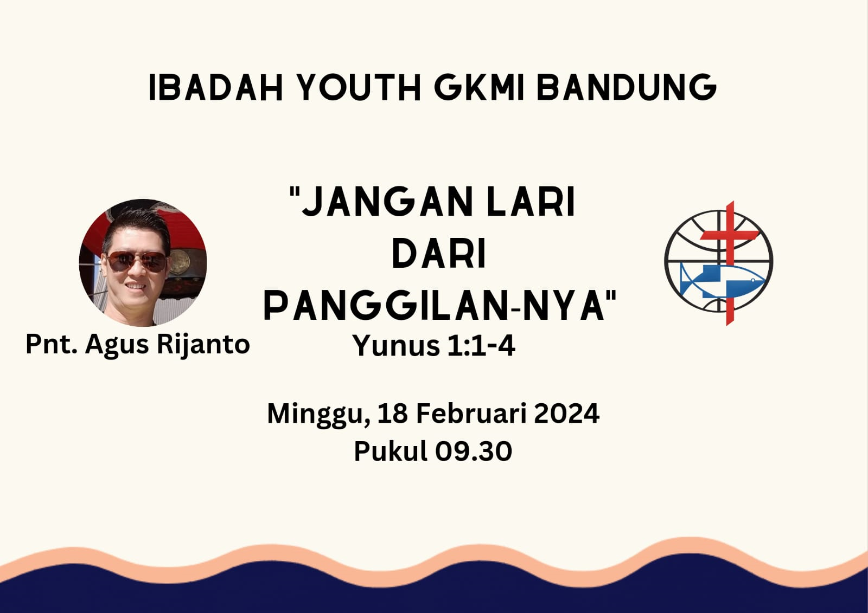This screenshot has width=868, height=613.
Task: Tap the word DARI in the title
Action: click(x=439, y=254)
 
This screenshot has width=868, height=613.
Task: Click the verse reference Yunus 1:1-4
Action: click(x=433, y=345)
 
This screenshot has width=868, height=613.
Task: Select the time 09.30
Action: click(x=473, y=451)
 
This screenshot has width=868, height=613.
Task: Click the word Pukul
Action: click(x=391, y=451)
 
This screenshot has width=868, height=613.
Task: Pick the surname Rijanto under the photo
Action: click(x=203, y=344)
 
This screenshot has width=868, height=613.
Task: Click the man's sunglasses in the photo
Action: click(x=137, y=262)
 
